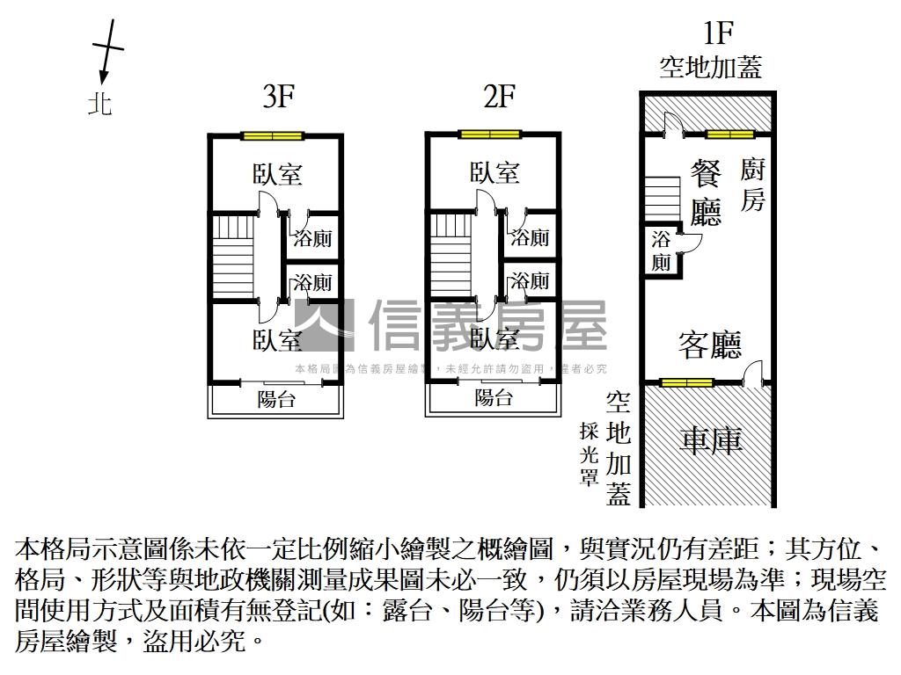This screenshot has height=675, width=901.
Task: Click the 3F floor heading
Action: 278,97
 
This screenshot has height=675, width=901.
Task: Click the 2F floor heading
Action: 498,97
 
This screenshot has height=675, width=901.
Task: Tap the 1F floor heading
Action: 717,33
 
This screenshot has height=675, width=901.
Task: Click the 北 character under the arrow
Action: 100,105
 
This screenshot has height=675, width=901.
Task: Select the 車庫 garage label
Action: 711,439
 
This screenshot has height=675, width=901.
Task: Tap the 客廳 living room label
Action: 709,345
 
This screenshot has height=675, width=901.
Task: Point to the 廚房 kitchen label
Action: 752,185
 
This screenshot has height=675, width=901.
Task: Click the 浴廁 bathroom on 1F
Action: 662,250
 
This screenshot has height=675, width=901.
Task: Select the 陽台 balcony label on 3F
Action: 275,400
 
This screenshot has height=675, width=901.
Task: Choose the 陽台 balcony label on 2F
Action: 493,397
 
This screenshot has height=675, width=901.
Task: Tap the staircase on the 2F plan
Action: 451,256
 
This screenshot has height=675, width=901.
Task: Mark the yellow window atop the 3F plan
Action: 273,135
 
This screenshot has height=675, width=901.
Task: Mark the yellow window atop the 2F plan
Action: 489,134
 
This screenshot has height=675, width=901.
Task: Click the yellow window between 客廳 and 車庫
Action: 687,382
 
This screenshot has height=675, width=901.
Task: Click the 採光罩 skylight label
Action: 589,454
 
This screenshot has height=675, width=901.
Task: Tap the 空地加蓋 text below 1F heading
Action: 710,68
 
